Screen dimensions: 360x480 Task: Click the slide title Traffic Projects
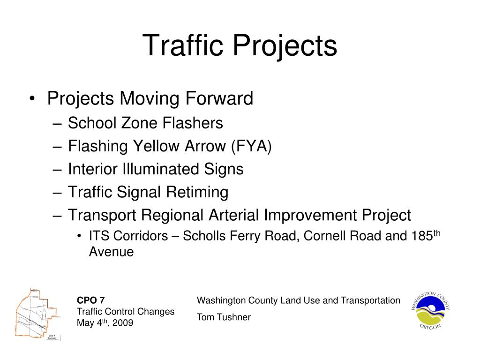pos(240,46)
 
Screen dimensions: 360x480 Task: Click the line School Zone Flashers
pos(145,123)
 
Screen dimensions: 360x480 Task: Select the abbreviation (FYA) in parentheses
pos(251,146)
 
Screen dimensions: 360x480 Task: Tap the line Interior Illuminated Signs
pos(156,169)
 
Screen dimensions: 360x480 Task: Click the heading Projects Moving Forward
pos(150,99)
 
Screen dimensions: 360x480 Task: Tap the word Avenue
pos(111,252)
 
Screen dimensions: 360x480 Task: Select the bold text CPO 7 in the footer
pos(91,300)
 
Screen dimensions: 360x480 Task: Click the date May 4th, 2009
pos(105,323)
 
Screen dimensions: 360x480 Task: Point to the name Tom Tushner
pos(224,317)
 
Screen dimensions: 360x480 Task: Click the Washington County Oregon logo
pos(430,310)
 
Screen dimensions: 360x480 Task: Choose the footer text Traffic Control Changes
pos(126,312)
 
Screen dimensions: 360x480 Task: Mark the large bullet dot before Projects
pos(31,99)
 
